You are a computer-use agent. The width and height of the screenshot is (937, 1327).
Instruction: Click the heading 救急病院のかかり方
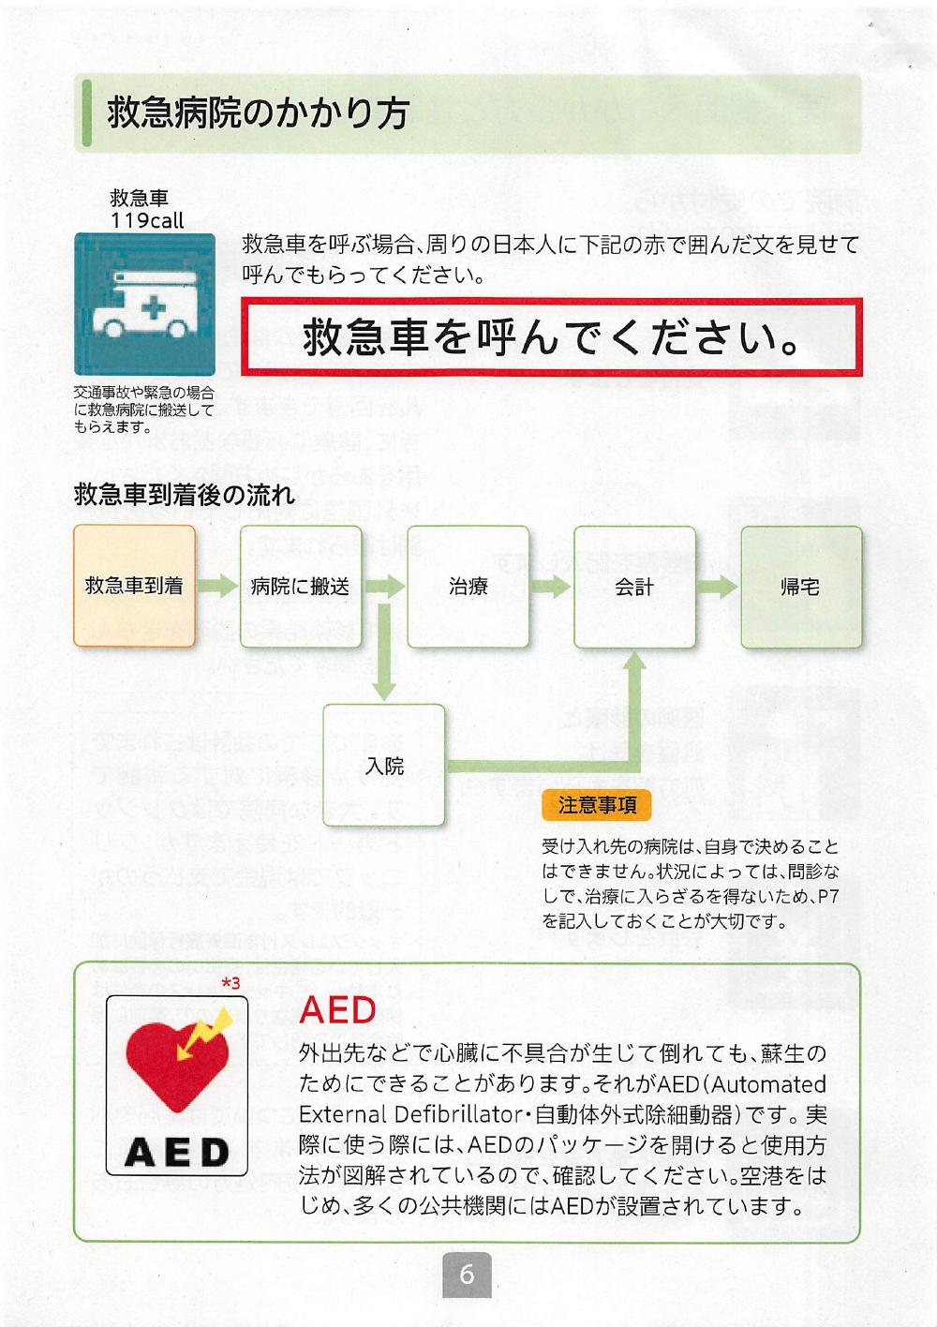[258, 113]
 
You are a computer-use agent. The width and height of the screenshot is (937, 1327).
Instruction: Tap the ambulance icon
[144, 306]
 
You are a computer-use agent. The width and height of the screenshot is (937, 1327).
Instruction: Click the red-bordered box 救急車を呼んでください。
[551, 338]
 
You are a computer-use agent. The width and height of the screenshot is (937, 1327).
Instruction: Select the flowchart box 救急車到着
[134, 587]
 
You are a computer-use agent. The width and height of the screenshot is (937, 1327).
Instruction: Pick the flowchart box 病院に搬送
[300, 587]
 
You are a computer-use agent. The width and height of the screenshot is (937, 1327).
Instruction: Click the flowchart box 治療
[468, 587]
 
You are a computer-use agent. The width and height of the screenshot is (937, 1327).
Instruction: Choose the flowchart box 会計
[634, 587]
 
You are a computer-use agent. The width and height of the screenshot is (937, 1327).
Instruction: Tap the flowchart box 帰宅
[800, 587]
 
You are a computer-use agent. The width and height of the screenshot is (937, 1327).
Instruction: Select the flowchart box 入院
[384, 765]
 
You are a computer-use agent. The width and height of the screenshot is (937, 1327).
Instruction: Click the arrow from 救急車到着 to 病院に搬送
[217, 587]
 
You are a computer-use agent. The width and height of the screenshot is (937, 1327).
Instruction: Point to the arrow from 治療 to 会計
[551, 587]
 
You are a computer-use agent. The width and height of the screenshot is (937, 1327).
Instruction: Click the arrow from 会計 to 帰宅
[718, 587]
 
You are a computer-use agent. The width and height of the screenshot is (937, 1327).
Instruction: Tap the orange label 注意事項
[597, 804]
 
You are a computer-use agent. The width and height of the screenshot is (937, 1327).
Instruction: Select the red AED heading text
[337, 1009]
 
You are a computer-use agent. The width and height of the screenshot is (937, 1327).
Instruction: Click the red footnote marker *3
[231, 983]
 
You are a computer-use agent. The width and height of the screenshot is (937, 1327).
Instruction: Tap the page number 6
[467, 1275]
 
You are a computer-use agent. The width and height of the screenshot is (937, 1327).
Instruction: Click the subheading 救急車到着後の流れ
[184, 494]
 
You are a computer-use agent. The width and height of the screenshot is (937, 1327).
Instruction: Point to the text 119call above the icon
[147, 221]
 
